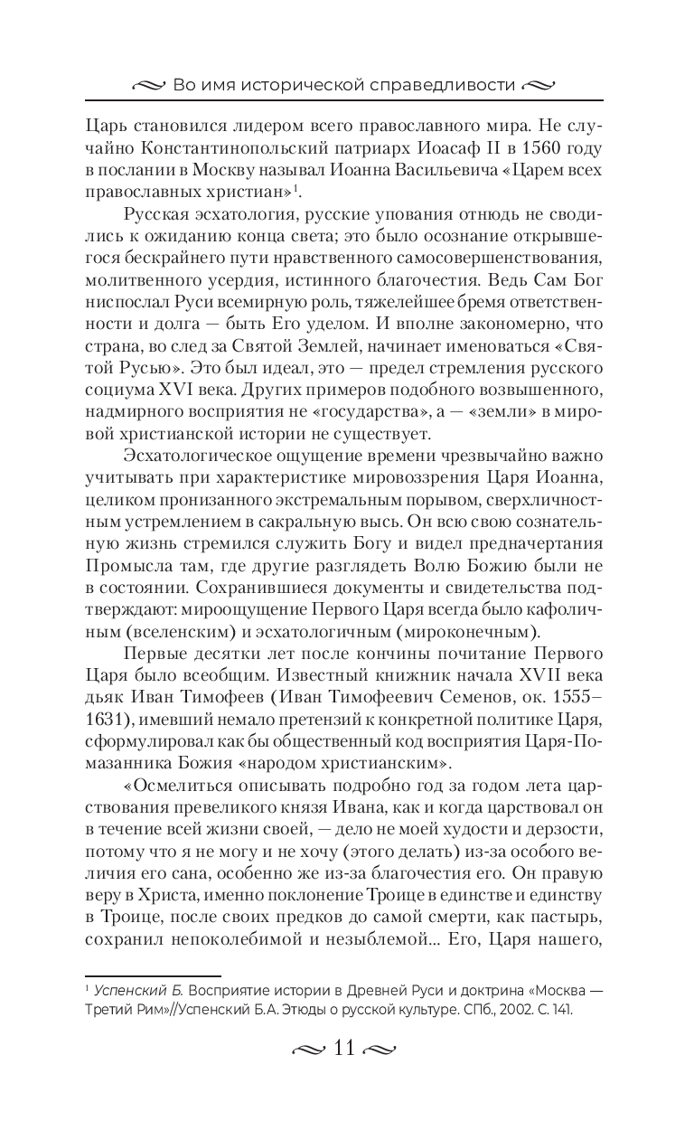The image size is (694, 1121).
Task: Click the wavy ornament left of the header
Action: pyautogui.click(x=147, y=87)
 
